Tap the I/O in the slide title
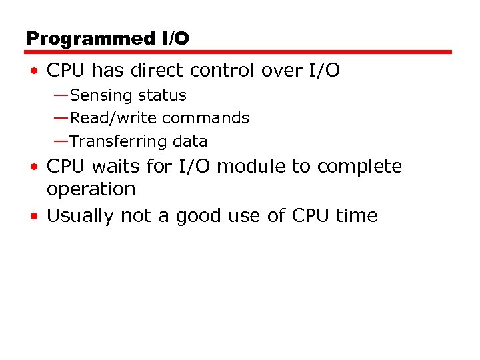pos(175,39)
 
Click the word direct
pos(167,71)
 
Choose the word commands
pos(205,119)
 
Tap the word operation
pos(91,190)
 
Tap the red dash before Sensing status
pos(61,95)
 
